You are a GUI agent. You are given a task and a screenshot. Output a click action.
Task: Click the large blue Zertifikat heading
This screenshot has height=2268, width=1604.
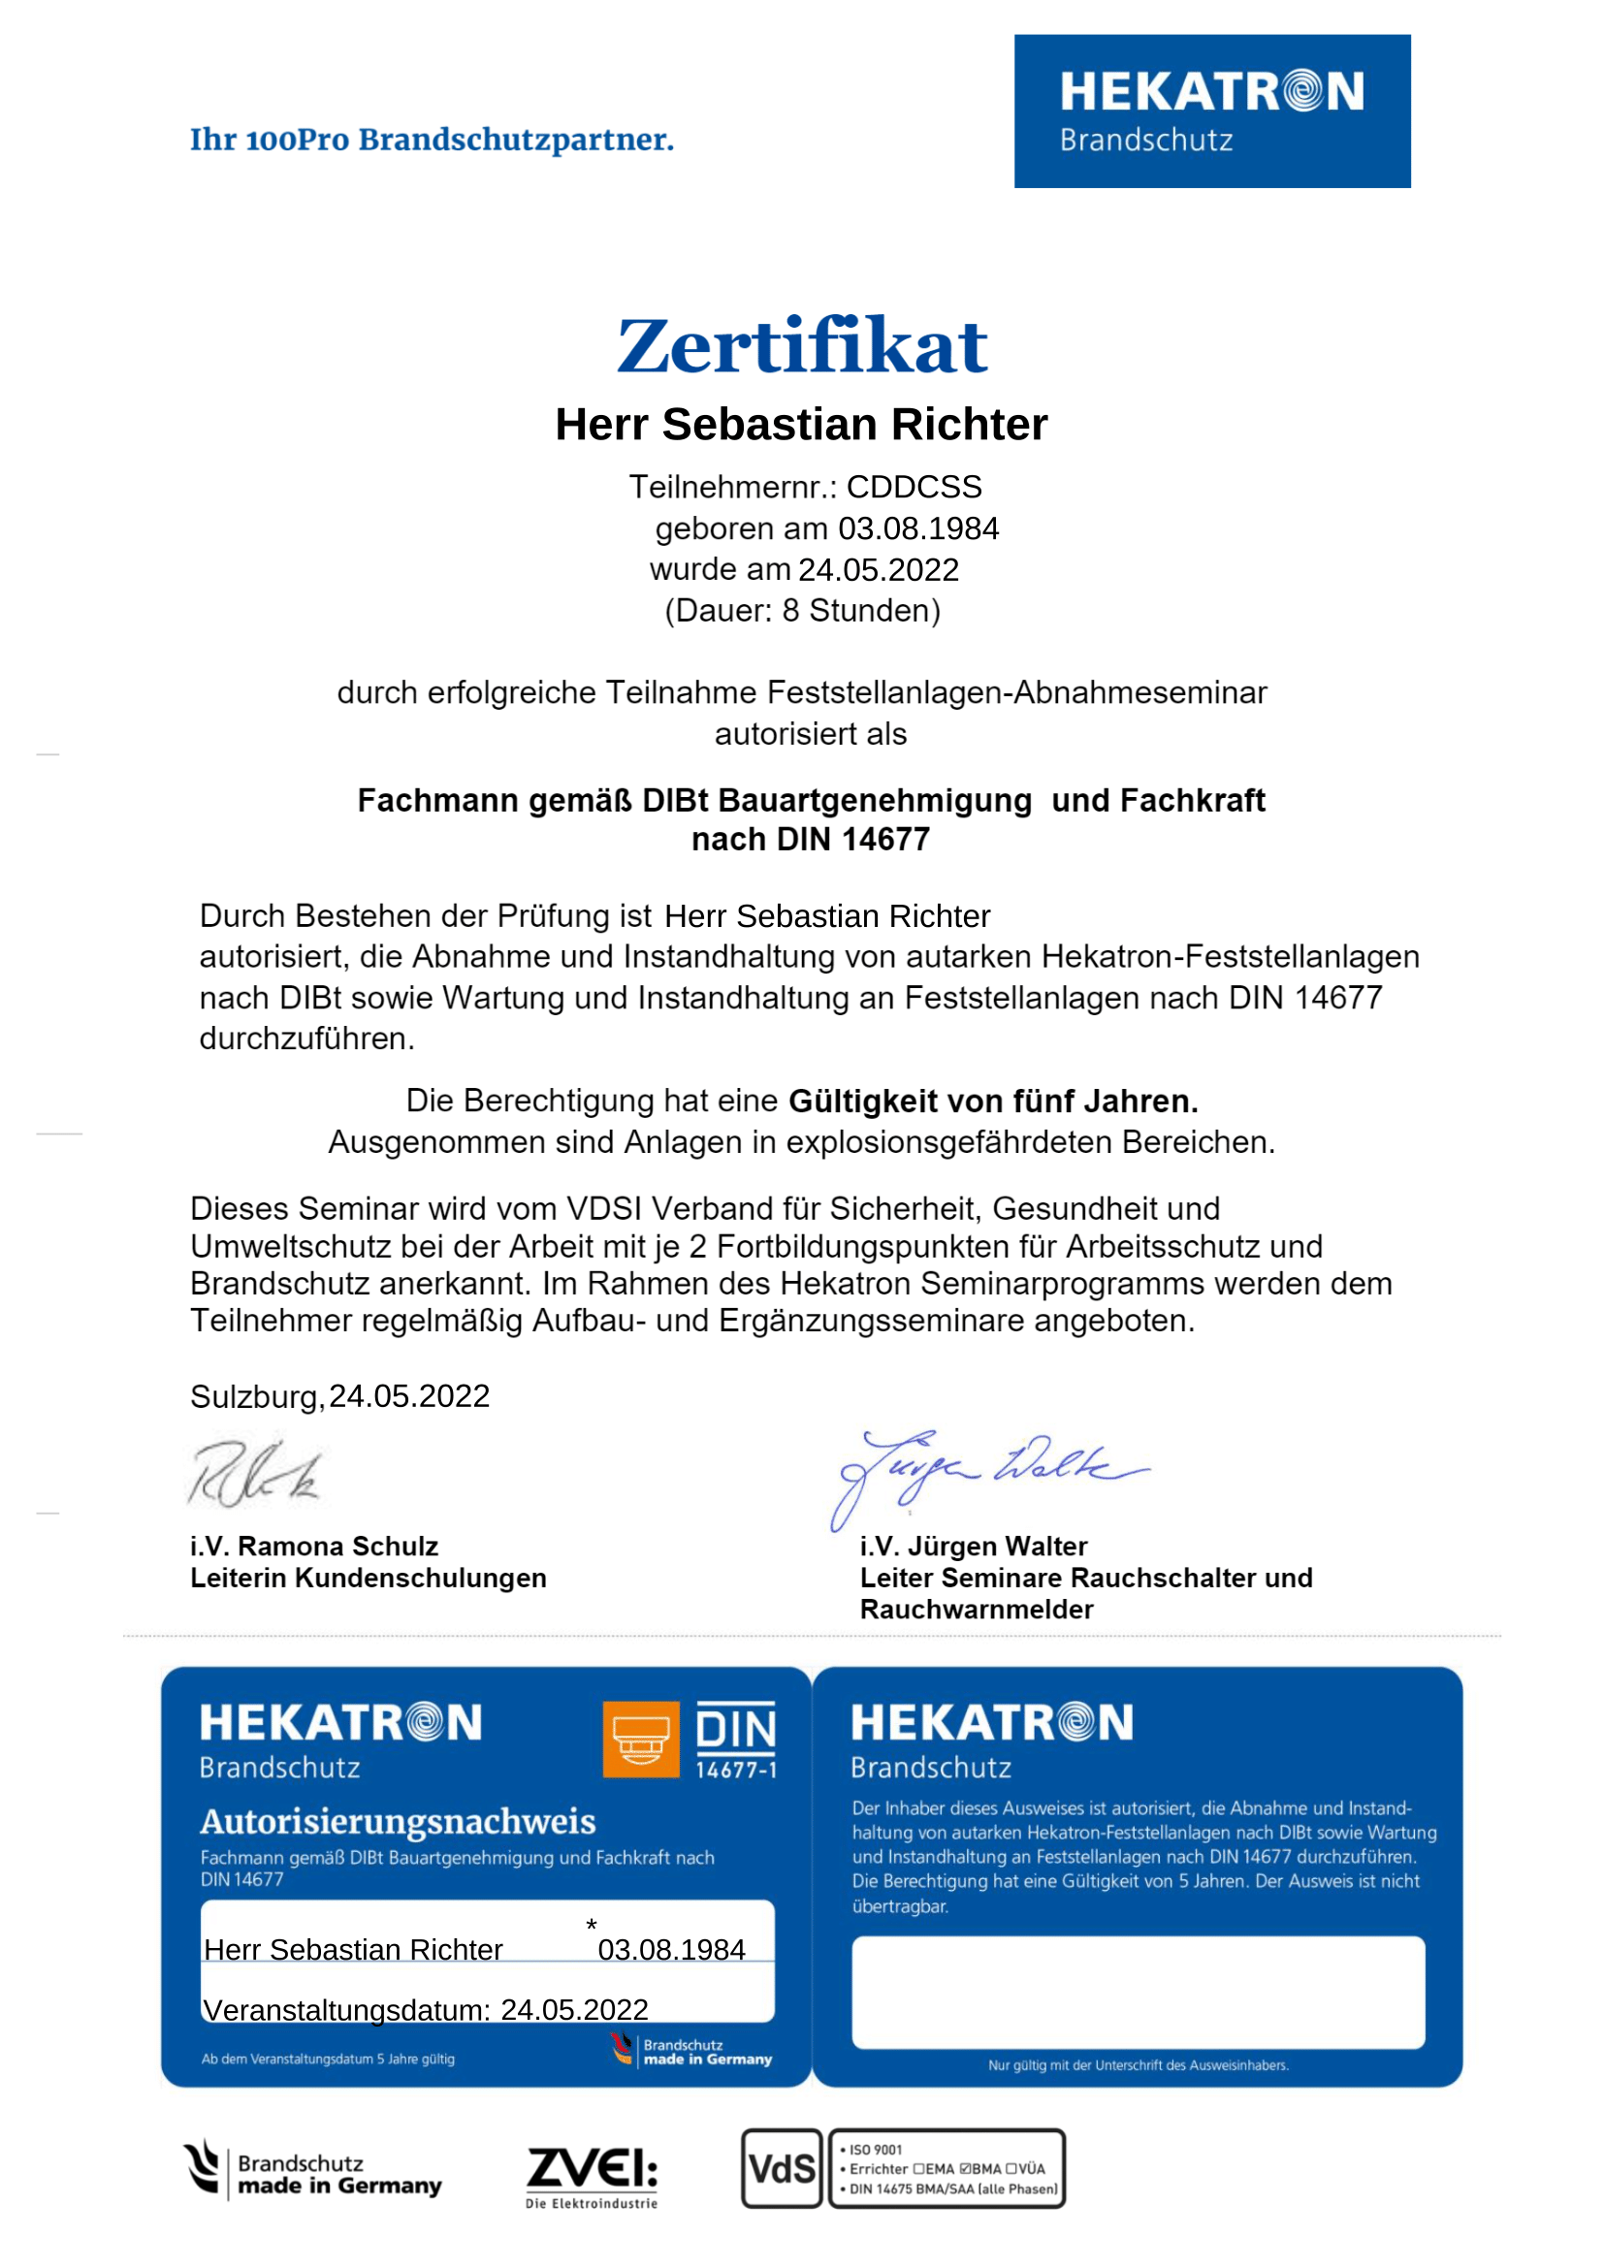pos(801,347)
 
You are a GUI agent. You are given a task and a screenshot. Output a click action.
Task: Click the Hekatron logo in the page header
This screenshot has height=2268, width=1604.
pos(1211,112)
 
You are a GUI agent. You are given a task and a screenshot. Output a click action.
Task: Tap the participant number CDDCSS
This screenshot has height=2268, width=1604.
pos(914,487)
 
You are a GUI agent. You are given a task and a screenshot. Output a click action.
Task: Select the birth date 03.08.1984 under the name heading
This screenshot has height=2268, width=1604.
pos(917,528)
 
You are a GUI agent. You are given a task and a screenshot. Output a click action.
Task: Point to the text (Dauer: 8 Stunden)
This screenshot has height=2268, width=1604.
pos(802,611)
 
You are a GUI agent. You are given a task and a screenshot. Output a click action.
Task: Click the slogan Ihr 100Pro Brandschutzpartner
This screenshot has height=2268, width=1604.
pos(432,141)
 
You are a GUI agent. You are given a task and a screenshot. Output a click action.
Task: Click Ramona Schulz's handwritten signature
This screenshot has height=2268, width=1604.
pos(255,1474)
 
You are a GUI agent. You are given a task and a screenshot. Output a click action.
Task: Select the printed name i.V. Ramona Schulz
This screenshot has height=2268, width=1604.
pos(314,1546)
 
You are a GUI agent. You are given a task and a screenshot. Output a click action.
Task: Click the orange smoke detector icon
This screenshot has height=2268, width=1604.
pos(640,1740)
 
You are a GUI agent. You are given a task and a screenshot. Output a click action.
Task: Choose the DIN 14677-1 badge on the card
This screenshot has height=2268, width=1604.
pos(736,1741)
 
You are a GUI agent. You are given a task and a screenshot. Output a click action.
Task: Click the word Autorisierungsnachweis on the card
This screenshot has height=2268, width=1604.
pos(398,1821)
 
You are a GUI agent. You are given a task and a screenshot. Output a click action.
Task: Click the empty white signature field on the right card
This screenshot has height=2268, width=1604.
pos(1138,1992)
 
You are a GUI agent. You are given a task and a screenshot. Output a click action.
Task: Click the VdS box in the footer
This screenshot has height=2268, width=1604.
pos(782,2168)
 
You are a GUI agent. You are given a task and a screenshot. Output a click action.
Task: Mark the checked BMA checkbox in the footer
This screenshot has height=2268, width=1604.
pos(965,2169)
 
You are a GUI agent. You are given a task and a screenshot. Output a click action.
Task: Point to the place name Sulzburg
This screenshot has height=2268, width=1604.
pos(255,1396)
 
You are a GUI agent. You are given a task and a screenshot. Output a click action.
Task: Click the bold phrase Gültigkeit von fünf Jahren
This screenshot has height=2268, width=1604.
pos(993,1101)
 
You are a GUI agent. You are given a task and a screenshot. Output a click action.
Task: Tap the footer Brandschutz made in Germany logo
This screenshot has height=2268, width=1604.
pos(313,2171)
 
